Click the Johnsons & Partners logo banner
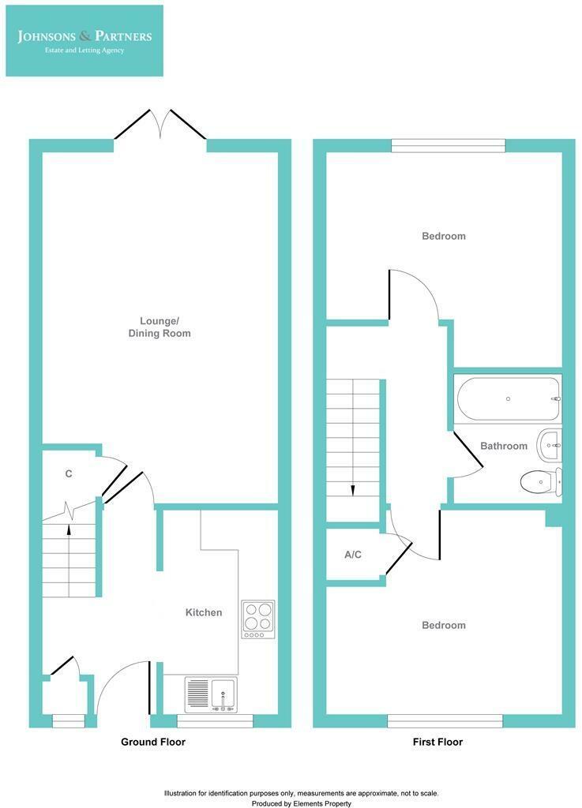tap(84, 41)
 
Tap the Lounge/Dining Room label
tap(160, 327)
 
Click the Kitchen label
tap(204, 612)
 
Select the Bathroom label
tap(504, 446)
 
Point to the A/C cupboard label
tap(353, 555)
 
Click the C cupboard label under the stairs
tap(69, 474)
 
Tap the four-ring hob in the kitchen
tap(258, 619)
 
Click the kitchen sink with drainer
tap(211, 694)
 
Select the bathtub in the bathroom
tap(508, 399)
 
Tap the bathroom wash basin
tap(550, 445)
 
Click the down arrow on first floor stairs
tap(352, 489)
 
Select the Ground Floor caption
tap(153, 742)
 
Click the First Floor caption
tap(437, 742)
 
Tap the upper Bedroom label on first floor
tap(443, 236)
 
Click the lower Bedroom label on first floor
tap(443, 625)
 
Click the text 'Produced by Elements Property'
tap(301, 803)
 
